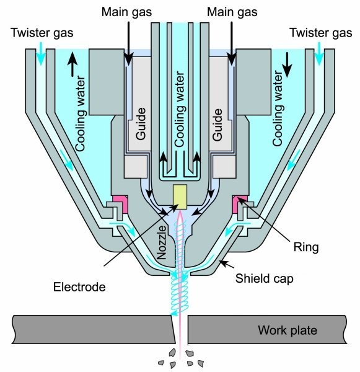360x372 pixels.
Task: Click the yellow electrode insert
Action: click(180, 197)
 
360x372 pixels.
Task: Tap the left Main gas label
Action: click(126, 12)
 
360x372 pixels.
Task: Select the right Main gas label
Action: click(232, 12)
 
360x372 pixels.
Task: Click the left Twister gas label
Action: click(42, 33)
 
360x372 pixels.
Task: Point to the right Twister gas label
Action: click(320, 33)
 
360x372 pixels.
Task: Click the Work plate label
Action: click(288, 330)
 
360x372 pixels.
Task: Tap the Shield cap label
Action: click(264, 278)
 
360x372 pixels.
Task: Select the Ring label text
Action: click(306, 247)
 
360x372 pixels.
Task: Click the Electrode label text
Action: click(79, 287)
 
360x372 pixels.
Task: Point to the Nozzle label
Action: click(162, 242)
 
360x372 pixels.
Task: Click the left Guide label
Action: click(141, 123)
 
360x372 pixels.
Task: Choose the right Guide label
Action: click(217, 125)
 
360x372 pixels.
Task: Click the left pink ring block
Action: click(121, 203)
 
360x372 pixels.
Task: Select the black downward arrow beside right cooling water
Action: click(287, 64)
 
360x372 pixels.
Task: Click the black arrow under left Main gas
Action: click(128, 43)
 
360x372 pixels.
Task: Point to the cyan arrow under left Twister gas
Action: click(41, 53)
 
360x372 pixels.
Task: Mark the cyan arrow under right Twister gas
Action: click(319, 53)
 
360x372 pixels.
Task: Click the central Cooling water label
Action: click(180, 109)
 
